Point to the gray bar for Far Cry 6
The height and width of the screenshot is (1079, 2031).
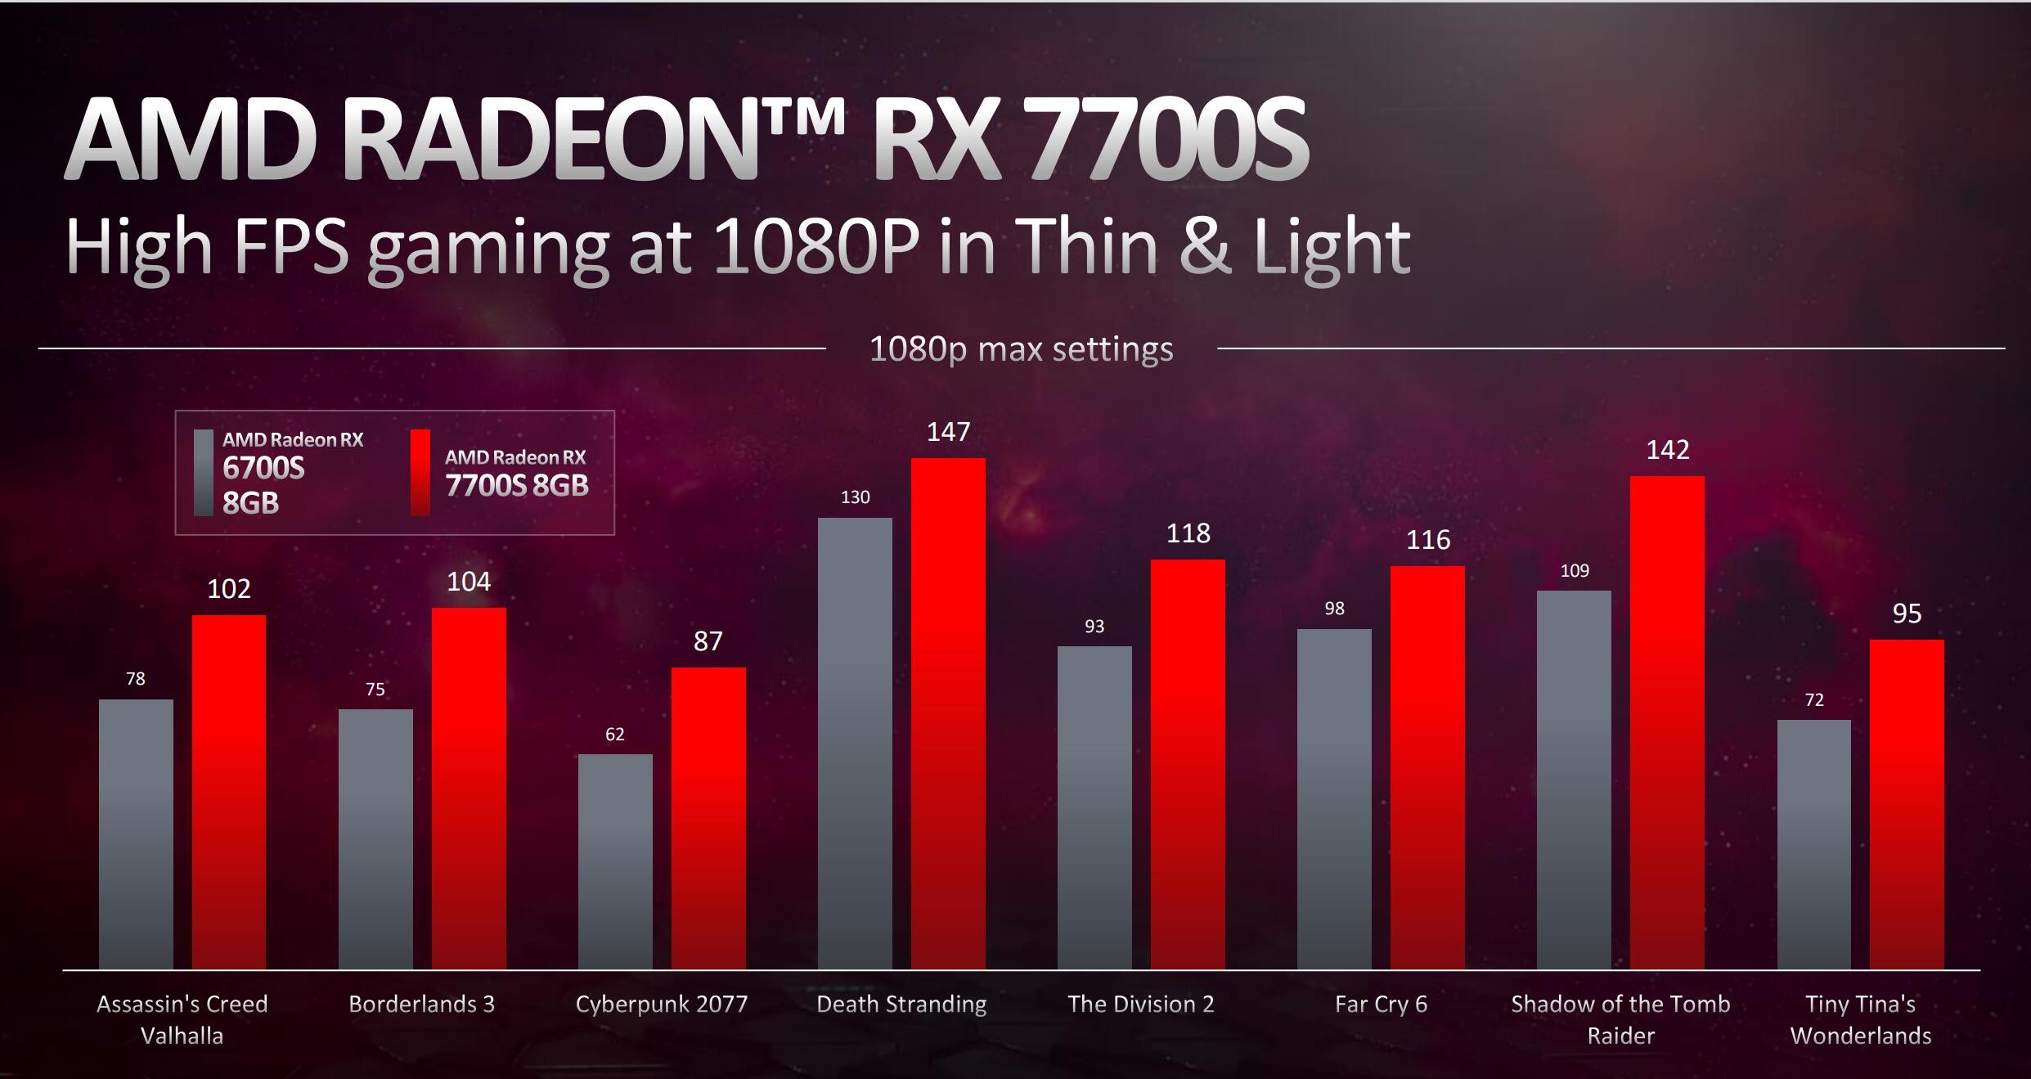click(1334, 798)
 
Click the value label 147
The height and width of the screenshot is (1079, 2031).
click(948, 432)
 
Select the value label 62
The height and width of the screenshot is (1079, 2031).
click(615, 735)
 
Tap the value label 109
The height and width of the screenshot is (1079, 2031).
click(1575, 571)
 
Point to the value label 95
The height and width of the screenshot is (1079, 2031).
click(1907, 614)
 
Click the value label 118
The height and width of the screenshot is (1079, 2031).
click(1188, 533)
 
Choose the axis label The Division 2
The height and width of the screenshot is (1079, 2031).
click(1141, 1004)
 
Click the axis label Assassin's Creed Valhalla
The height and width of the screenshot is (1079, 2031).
click(182, 1019)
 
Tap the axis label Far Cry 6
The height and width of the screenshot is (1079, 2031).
click(1381, 1004)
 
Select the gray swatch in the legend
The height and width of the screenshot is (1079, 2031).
click(204, 473)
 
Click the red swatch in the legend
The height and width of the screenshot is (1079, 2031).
click(420, 473)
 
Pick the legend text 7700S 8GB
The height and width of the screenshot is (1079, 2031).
click(516, 486)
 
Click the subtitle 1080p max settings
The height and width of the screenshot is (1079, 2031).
click(1021, 349)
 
